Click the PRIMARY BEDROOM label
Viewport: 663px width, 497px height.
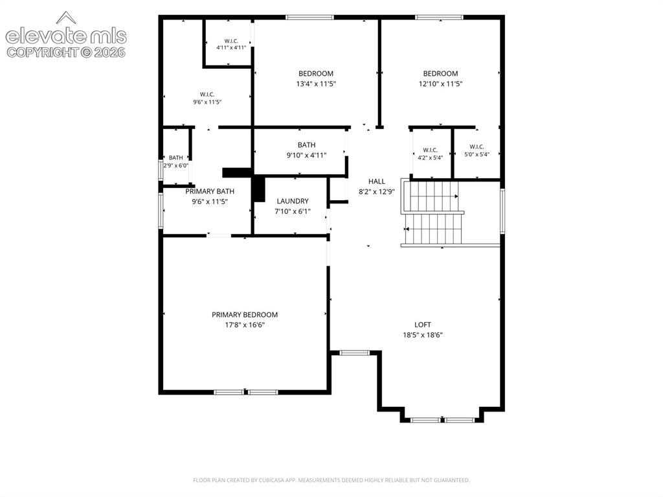pyautogui.click(x=245, y=314)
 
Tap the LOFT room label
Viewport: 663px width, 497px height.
pyautogui.click(x=422, y=325)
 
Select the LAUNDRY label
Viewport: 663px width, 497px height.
pyautogui.click(x=293, y=201)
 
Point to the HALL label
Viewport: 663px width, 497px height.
pyautogui.click(x=376, y=181)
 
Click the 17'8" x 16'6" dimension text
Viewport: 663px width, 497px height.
pyautogui.click(x=245, y=325)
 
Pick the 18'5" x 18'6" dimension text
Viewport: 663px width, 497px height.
pyautogui.click(x=422, y=335)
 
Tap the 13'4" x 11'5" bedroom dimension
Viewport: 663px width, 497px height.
pyautogui.click(x=316, y=84)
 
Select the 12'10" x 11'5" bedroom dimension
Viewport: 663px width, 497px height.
pyautogui.click(x=440, y=84)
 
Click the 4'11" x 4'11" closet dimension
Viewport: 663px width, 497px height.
pyautogui.click(x=231, y=48)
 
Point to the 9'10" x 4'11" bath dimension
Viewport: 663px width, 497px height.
pyautogui.click(x=306, y=156)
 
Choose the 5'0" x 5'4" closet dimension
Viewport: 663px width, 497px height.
pyautogui.click(x=477, y=154)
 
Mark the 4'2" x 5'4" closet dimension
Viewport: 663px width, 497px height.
pyautogui.click(x=430, y=158)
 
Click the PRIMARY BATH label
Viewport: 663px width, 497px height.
pyautogui.click(x=210, y=191)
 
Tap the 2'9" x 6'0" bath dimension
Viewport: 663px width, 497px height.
pyautogui.click(x=176, y=165)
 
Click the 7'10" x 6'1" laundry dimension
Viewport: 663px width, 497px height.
pyautogui.click(x=293, y=211)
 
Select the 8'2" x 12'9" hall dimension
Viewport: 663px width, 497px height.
pyautogui.click(x=376, y=191)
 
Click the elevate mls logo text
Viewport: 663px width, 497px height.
pyautogui.click(x=66, y=36)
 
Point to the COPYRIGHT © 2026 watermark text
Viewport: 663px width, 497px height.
pyautogui.click(x=66, y=52)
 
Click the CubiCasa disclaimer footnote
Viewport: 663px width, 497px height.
pyautogui.click(x=331, y=480)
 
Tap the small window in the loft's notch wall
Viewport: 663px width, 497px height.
pyautogui.click(x=355, y=353)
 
